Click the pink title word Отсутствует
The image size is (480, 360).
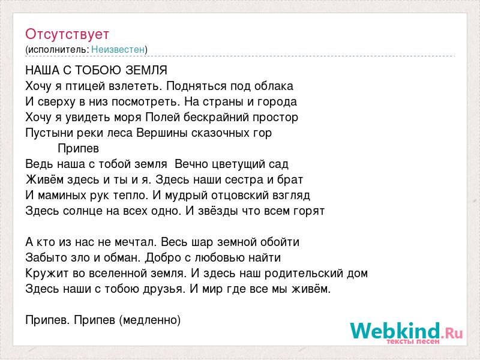pyautogui.click(x=67, y=34)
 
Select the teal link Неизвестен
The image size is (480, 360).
pyautogui.click(x=118, y=49)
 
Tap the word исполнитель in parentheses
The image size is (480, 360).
pyautogui.click(x=58, y=50)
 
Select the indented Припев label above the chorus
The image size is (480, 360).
pyautogui.click(x=79, y=148)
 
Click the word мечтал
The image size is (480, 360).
pyautogui.click(x=136, y=242)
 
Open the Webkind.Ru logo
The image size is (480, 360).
pyautogui.click(x=407, y=332)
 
